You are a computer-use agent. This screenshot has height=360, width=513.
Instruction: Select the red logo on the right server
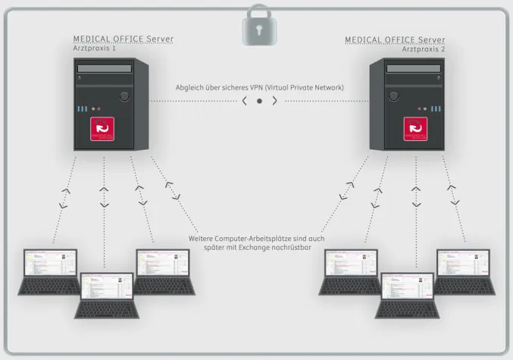click(x=415, y=129)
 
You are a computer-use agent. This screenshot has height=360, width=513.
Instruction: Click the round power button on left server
click(x=124, y=96)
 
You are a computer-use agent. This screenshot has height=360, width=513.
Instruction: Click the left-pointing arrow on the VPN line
click(x=244, y=100)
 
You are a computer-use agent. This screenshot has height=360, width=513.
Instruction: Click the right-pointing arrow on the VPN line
click(x=274, y=100)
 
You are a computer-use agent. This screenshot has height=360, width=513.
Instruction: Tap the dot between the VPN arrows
click(x=259, y=100)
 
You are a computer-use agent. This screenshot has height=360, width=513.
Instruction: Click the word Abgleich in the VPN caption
click(x=189, y=87)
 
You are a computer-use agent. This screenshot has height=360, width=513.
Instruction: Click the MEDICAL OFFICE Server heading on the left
click(x=124, y=39)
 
